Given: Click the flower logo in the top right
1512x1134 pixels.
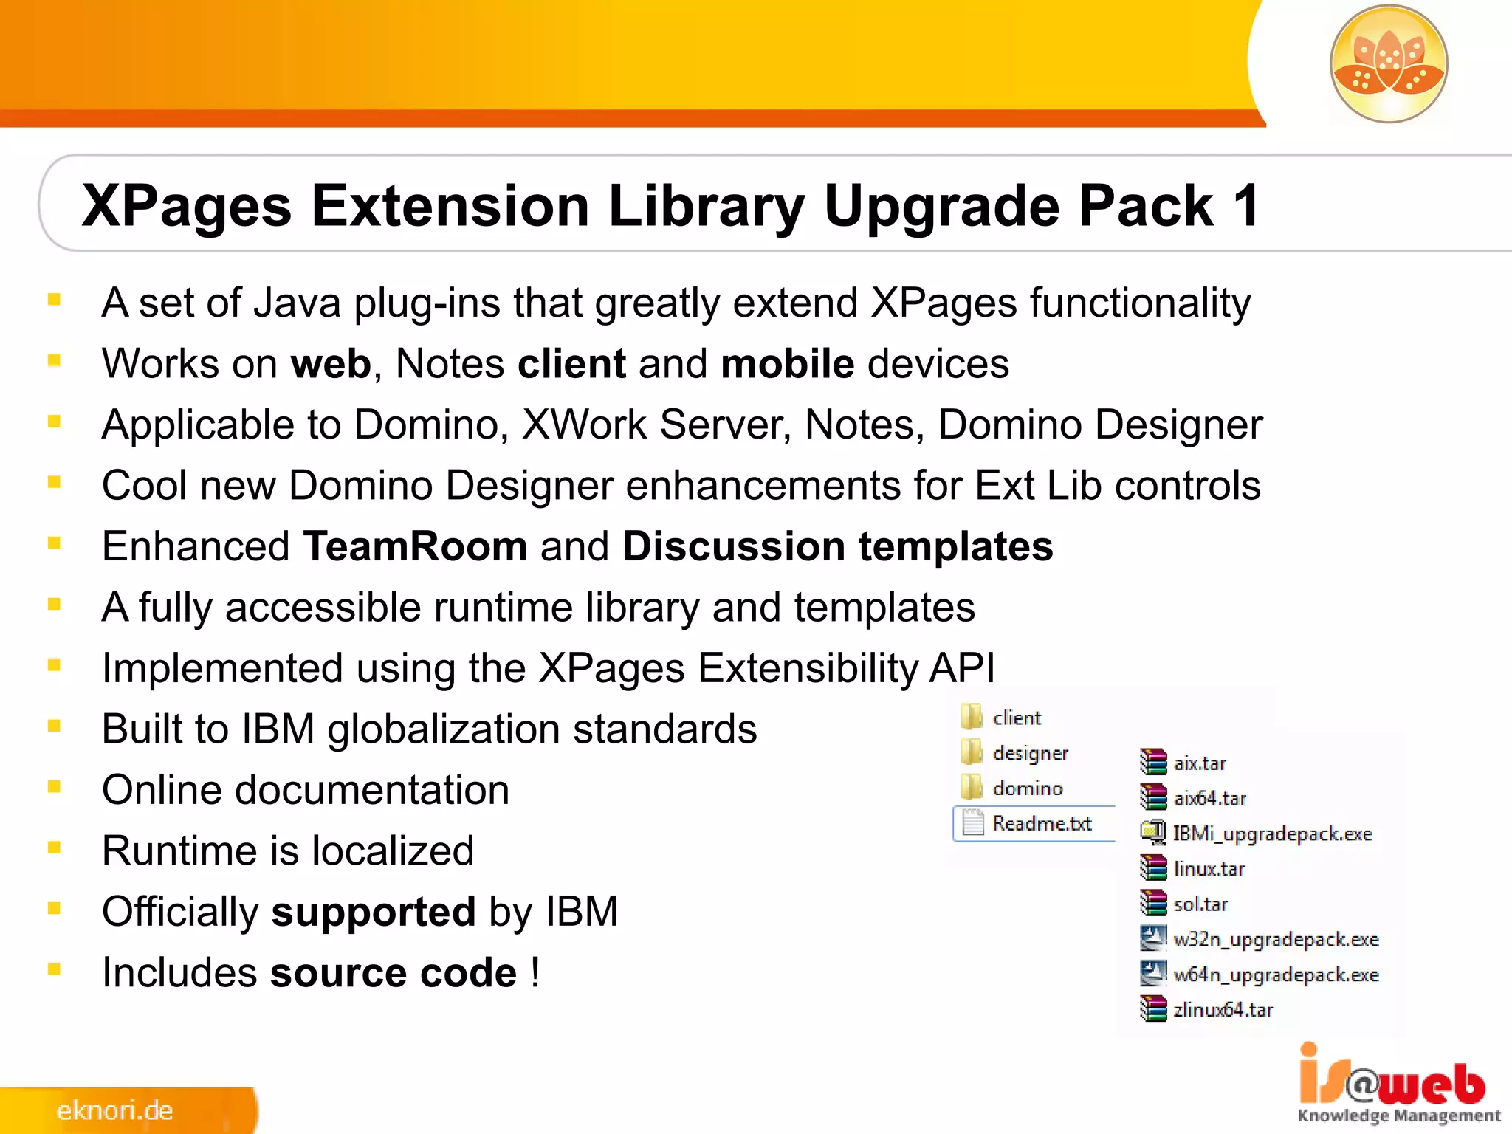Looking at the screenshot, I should coord(1388,63).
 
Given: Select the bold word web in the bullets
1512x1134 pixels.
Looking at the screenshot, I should coord(331,364).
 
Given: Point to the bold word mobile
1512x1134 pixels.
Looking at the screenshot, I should coord(787,364).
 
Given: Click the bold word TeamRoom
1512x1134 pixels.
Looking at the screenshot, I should coord(415,546).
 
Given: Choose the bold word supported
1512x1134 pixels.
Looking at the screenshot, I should coord(374,912).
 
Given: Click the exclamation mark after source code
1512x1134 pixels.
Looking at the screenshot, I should coord(535,972).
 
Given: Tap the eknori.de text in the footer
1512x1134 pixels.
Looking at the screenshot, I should coord(115,1110).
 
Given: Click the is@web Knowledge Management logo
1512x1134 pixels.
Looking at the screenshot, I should coord(1397,1084).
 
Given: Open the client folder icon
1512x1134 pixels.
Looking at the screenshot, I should coord(972,717).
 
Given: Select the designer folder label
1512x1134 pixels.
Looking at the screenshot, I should coord(1031,753).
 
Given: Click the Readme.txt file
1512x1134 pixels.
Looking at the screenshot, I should coord(1041,823).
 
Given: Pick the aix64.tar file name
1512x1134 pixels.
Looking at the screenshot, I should coord(1209,798).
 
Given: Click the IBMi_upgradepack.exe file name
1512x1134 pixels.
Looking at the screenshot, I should coord(1272,834).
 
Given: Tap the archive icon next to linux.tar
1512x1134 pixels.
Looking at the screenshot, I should coord(1152,868).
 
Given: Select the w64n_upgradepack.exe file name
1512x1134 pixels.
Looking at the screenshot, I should coord(1276,975).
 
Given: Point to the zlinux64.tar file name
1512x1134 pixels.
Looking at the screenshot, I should coord(1223,1009).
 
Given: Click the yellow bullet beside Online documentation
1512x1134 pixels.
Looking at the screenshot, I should coord(54,787).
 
